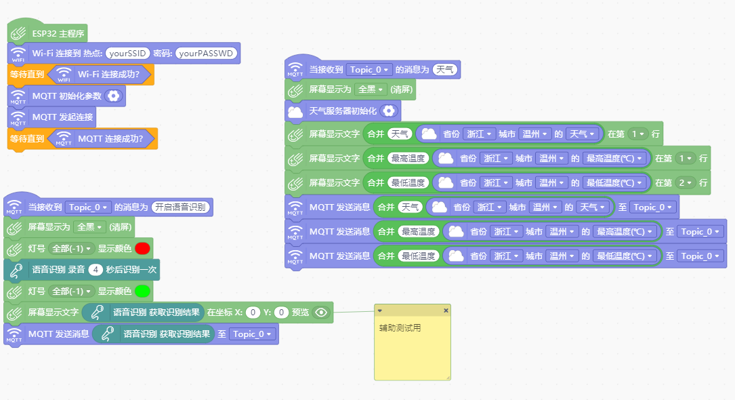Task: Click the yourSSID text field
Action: pyautogui.click(x=127, y=54)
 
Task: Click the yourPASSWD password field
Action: pyautogui.click(x=206, y=54)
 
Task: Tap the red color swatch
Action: pyautogui.click(x=142, y=249)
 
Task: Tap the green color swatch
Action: pyautogui.click(x=142, y=292)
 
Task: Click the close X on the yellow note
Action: pyautogui.click(x=446, y=311)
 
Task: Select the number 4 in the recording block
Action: pyautogui.click(x=96, y=270)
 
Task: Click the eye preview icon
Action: pyautogui.click(x=321, y=313)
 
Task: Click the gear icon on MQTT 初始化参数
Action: pyautogui.click(x=113, y=96)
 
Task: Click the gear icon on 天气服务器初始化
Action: pyautogui.click(x=389, y=111)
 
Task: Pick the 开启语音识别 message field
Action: pyautogui.click(x=180, y=207)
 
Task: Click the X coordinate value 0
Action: pyautogui.click(x=253, y=313)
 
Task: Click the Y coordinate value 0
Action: pyautogui.click(x=281, y=313)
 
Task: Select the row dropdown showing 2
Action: pyautogui.click(x=686, y=183)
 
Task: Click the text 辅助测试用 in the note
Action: pyautogui.click(x=400, y=328)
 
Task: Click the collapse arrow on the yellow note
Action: pyautogui.click(x=379, y=311)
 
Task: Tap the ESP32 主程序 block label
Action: pyautogui.click(x=58, y=34)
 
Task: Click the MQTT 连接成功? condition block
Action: pyautogui.click(x=103, y=139)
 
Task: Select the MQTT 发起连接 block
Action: pyautogui.click(x=52, y=117)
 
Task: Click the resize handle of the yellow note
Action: pyautogui.click(x=448, y=378)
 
